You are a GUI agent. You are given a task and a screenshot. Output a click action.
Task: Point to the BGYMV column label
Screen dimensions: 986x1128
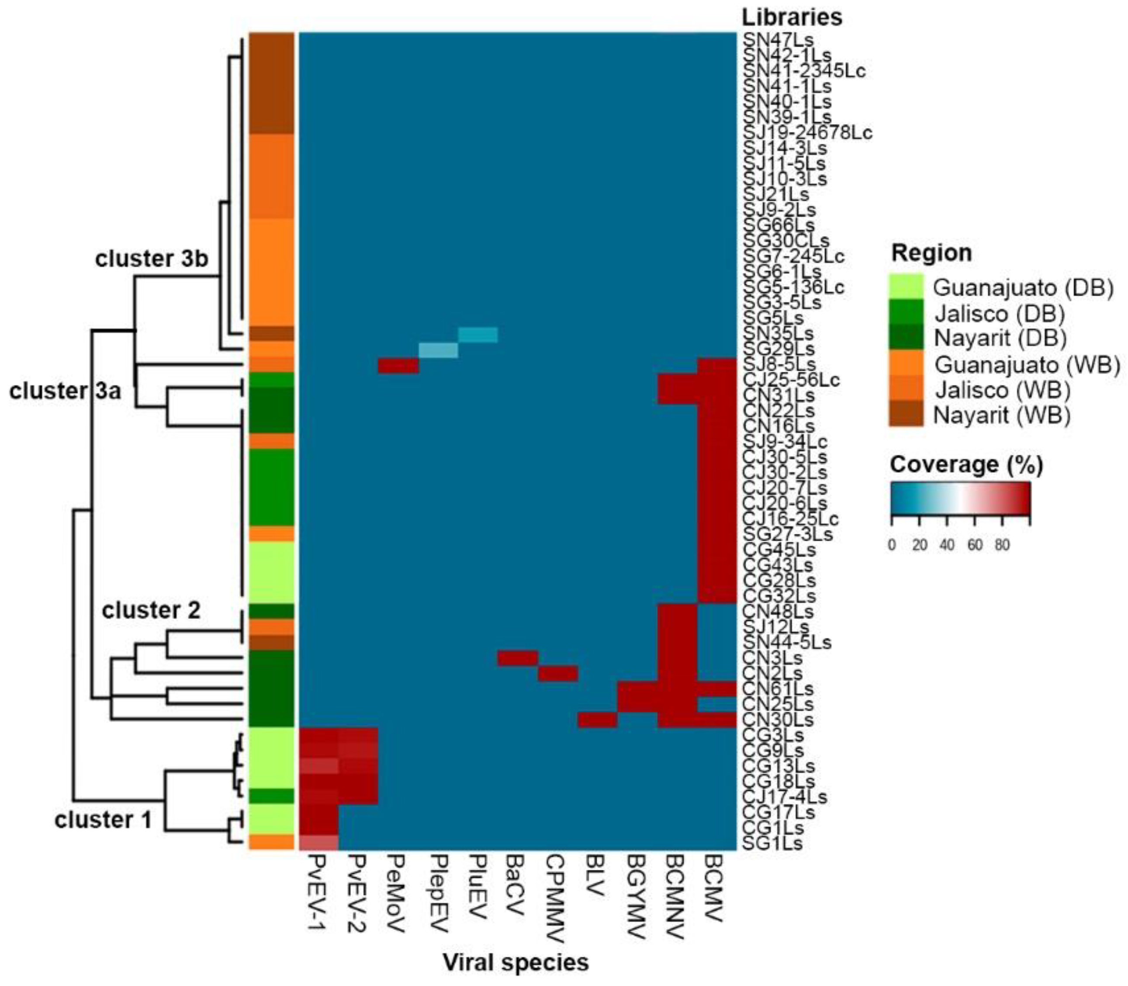point(637,897)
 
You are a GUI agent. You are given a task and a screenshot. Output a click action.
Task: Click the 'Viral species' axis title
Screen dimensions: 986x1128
point(516,962)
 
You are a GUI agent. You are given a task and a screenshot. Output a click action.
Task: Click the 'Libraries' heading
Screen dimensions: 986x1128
point(792,17)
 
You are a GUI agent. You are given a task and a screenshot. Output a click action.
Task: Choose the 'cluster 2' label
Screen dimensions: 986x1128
point(151,610)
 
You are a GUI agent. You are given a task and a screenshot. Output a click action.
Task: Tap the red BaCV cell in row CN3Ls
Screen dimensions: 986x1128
point(518,658)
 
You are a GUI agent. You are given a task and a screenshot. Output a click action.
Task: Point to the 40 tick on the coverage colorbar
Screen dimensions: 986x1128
point(947,545)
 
